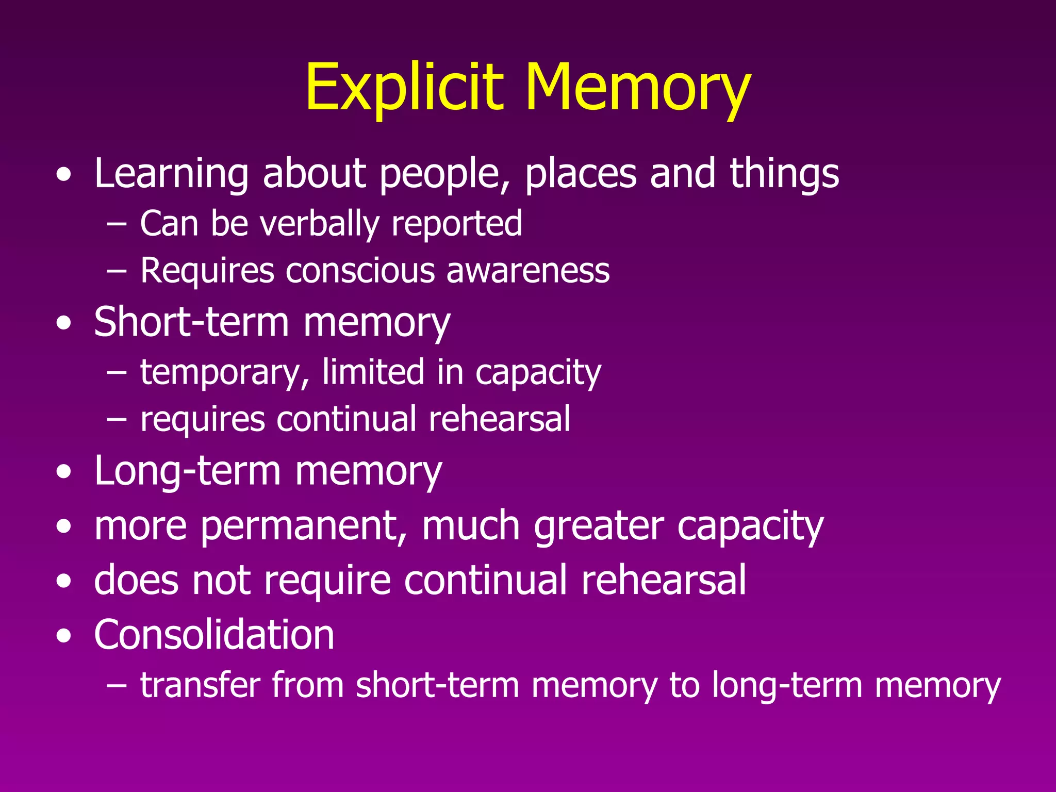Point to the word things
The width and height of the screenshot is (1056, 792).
[784, 174]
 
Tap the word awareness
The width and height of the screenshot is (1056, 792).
[528, 271]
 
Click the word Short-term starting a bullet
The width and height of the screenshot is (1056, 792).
[191, 322]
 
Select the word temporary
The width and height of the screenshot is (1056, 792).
[225, 373]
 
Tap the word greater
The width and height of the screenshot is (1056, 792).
[598, 526]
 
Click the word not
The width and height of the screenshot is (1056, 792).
[221, 581]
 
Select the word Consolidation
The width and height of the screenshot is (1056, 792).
[214, 635]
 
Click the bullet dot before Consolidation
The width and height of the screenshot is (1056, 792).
[64, 636]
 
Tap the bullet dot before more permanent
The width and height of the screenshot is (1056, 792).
[64, 527]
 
